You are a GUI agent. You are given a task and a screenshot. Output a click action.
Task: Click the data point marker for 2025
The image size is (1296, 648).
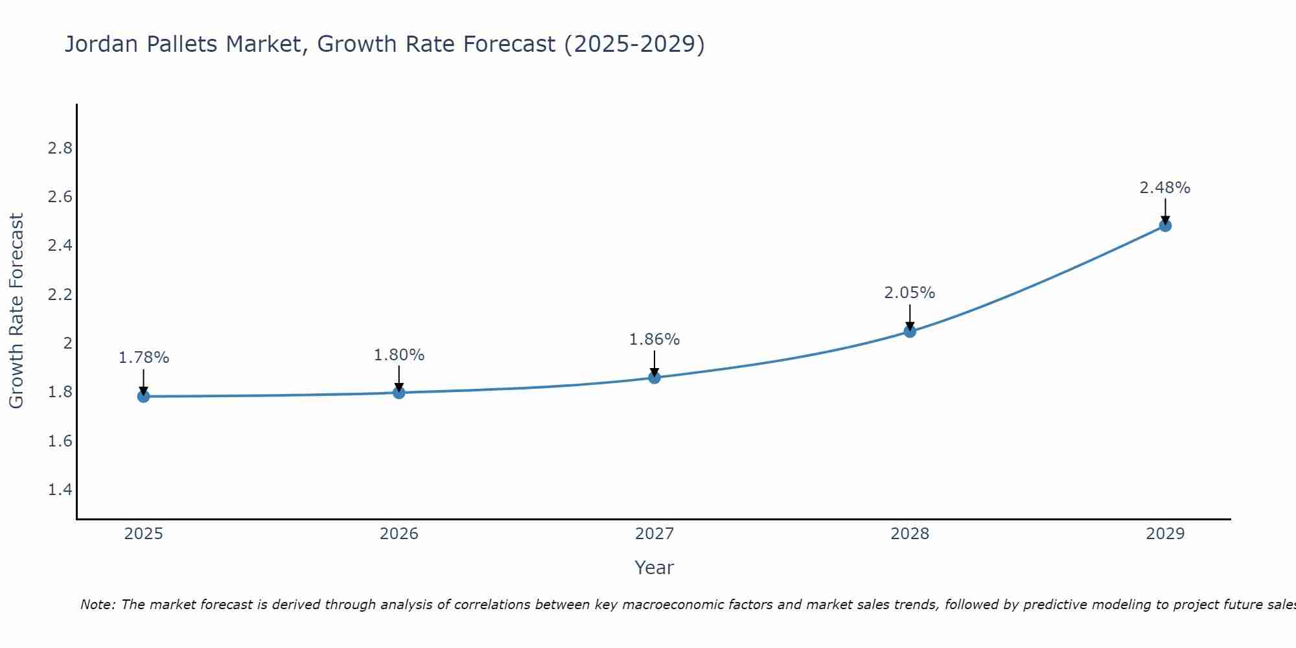click(x=143, y=396)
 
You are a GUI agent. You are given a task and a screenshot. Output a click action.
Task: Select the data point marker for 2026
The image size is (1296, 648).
click(x=399, y=392)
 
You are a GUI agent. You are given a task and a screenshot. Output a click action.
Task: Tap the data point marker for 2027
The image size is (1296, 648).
click(x=654, y=377)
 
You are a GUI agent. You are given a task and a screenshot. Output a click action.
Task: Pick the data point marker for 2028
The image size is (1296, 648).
click(x=910, y=331)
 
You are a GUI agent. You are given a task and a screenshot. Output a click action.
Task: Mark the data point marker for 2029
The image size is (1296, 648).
click(x=1165, y=226)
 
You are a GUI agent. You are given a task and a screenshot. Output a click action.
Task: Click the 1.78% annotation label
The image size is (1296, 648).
click(x=144, y=358)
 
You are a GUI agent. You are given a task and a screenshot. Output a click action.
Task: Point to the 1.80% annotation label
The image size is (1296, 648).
click(x=399, y=355)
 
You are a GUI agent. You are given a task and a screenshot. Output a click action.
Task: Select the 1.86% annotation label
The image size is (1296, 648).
click(x=654, y=340)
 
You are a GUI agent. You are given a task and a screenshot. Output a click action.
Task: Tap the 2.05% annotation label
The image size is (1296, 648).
click(x=910, y=293)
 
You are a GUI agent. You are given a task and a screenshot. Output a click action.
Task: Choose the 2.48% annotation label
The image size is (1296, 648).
click(x=1165, y=188)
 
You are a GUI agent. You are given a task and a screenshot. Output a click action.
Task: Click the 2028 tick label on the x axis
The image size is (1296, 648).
click(x=910, y=534)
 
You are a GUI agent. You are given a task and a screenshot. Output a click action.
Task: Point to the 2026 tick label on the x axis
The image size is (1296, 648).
click(x=399, y=534)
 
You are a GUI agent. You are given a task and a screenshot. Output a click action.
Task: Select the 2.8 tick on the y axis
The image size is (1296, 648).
click(x=60, y=148)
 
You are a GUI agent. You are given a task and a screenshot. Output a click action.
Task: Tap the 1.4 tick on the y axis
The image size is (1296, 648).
click(x=60, y=489)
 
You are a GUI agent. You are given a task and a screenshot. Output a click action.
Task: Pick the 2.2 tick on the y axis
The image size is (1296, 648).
click(x=60, y=295)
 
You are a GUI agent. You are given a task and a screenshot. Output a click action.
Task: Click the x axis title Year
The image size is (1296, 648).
click(x=654, y=568)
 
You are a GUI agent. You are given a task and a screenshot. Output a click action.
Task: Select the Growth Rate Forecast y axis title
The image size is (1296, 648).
click(x=16, y=311)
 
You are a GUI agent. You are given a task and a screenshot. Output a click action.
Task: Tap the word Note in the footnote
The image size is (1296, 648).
click(x=97, y=605)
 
